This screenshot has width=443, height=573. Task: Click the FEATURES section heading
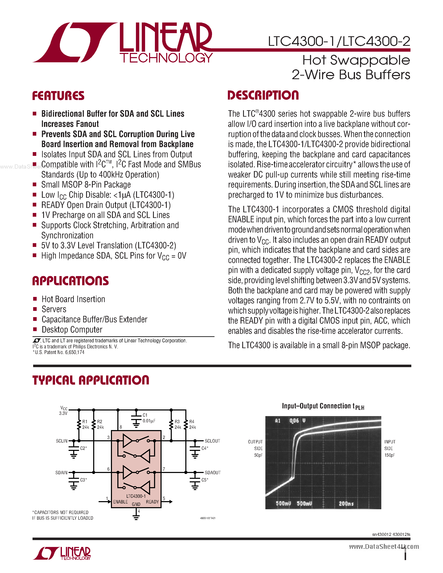tap(58, 96)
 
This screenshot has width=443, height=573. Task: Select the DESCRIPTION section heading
tap(263, 95)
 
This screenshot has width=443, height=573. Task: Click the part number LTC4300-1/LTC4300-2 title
tap(339, 41)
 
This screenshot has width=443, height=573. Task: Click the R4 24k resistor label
tap(192, 424)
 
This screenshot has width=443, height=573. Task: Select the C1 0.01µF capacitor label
tap(149, 418)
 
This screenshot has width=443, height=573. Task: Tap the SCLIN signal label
tap(62, 441)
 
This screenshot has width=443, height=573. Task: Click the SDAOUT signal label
tap(213, 473)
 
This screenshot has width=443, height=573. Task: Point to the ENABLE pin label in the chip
tap(120, 502)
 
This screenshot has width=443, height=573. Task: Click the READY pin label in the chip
tap(152, 502)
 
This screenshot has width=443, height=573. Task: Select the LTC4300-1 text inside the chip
tap(136, 496)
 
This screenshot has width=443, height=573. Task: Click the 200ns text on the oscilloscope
tap(346, 503)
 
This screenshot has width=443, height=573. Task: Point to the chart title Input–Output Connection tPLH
tap(323, 406)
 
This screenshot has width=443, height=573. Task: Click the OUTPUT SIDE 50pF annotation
tap(256, 448)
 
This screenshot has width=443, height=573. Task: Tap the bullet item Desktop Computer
tap(72, 330)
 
